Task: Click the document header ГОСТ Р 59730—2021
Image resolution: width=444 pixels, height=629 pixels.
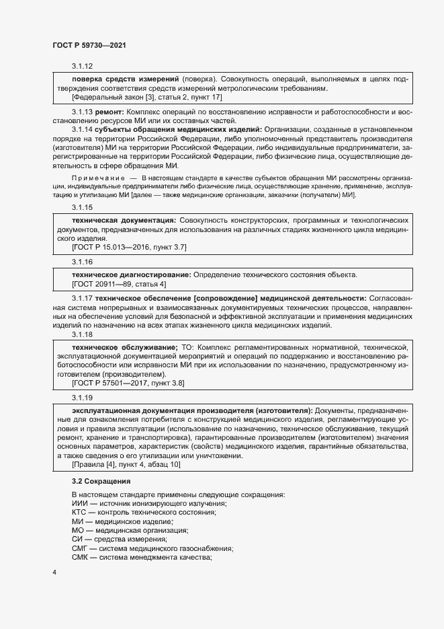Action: click(89, 44)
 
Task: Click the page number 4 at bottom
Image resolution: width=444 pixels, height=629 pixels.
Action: click(54, 572)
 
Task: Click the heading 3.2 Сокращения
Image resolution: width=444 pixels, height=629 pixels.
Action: click(101, 482)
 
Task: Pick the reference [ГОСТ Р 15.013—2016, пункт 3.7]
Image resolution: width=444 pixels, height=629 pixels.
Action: click(129, 248)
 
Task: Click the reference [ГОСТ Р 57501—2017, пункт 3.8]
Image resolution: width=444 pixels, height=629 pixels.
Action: click(128, 383)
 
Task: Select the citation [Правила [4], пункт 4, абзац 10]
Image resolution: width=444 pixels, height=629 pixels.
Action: click(126, 465)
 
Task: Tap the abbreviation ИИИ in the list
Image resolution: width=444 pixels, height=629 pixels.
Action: click(79, 504)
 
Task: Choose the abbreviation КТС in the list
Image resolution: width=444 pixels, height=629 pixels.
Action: click(79, 513)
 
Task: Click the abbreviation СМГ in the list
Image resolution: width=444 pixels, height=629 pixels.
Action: click(79, 548)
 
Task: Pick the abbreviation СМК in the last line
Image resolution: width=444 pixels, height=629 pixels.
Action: click(79, 557)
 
